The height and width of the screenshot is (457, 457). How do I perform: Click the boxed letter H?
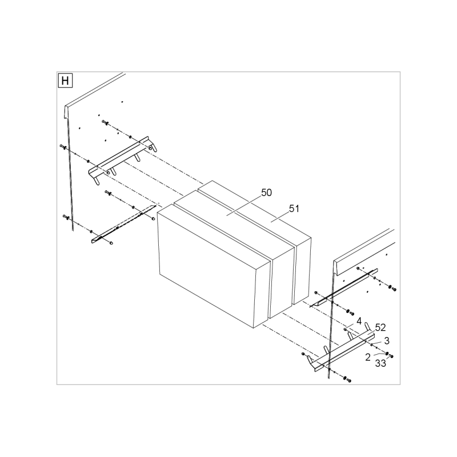click(x=65, y=81)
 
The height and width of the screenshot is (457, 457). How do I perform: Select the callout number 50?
click(x=266, y=193)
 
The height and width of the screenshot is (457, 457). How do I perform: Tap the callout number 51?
click(x=294, y=209)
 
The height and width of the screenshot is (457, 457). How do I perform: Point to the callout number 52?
click(x=380, y=327)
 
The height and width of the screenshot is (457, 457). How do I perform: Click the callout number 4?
click(x=359, y=321)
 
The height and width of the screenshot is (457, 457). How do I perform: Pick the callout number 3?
click(x=387, y=340)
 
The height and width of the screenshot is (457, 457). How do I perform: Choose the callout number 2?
click(x=368, y=357)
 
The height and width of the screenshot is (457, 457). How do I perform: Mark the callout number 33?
click(x=380, y=363)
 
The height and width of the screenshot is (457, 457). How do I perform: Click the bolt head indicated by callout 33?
click(x=391, y=356)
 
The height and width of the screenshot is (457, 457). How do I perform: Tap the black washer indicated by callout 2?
click(x=387, y=354)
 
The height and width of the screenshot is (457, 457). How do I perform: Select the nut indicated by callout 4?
click(x=345, y=329)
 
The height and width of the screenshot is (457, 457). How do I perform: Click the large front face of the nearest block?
click(x=207, y=265)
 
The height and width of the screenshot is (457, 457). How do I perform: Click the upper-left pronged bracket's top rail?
click(x=119, y=155)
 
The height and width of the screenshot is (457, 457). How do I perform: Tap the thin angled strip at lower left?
click(x=124, y=224)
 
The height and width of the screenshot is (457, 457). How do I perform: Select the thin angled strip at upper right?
click(x=344, y=288)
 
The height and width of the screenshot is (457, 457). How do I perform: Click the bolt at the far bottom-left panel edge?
click(x=64, y=217)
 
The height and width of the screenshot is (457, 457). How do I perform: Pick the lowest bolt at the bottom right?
click(x=348, y=380)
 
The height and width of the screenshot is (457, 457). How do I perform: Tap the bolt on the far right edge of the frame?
click(x=394, y=289)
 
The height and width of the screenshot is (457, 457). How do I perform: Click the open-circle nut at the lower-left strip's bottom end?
click(x=111, y=243)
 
